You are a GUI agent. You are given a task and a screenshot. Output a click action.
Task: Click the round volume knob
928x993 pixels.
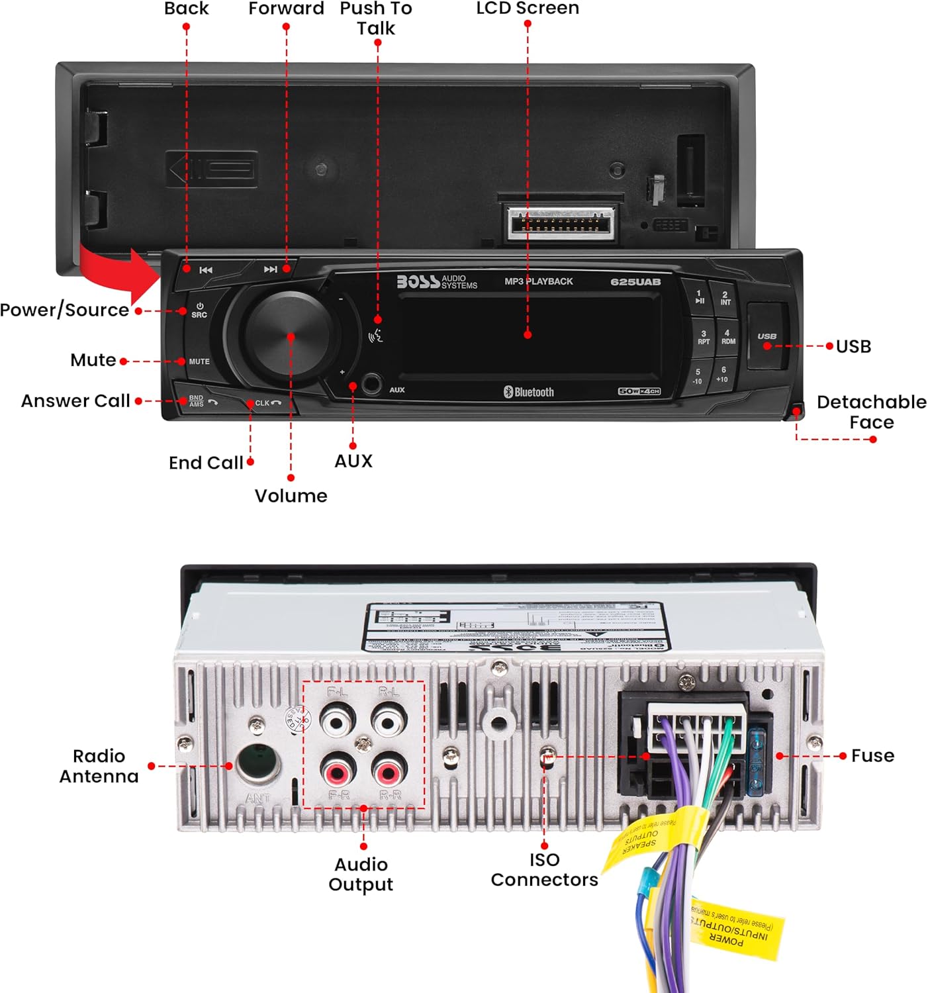[x=290, y=336]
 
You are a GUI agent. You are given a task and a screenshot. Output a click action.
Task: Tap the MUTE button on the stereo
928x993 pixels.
[x=199, y=361]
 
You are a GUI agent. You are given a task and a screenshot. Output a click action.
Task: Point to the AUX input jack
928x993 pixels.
[x=371, y=384]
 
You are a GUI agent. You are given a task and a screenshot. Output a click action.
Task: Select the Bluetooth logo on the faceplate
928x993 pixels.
[x=528, y=392]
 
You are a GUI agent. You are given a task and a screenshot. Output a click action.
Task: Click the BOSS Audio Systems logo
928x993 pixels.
[x=437, y=282]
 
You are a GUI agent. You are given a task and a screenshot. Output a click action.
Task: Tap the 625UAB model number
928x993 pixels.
[x=635, y=282]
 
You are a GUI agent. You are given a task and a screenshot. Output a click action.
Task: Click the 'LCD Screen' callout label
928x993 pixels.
[x=528, y=8]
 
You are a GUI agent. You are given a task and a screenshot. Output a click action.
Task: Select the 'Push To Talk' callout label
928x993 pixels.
[x=376, y=19]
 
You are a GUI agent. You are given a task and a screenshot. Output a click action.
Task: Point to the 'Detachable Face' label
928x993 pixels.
[x=871, y=412]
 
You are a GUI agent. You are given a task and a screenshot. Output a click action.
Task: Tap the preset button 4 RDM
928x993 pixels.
[x=727, y=337]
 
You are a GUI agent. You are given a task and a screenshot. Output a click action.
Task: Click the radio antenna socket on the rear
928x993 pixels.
[x=257, y=764]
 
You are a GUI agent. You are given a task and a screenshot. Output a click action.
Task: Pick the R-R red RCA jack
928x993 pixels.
[x=389, y=772]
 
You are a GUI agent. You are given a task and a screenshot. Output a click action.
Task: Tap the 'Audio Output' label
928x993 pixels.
[x=361, y=874]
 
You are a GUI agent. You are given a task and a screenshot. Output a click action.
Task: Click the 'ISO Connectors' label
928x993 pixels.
[x=544, y=869]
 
